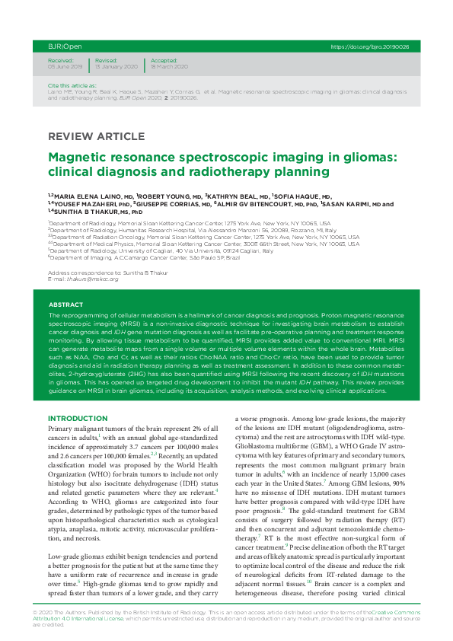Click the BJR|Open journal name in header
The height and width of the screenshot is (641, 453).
coord(60,46)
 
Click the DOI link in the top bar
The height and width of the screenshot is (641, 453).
coord(370,46)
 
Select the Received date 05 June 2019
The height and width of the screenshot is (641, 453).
coord(66,67)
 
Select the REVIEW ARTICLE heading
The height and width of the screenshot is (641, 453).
coord(95,137)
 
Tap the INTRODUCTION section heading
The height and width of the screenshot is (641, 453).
coord(82,419)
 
